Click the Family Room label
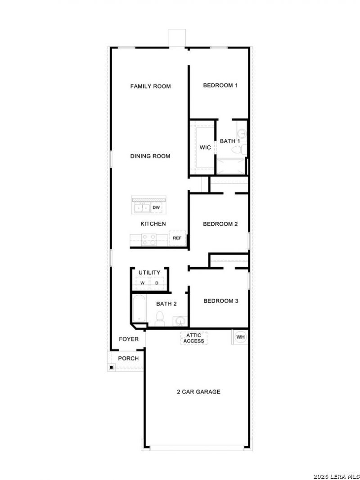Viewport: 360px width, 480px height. coord(150,86)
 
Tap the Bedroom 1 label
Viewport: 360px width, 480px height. coord(220,85)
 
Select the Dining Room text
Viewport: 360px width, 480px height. coord(150,156)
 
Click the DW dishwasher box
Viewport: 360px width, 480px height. coord(157,207)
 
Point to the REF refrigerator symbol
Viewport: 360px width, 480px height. coord(177,238)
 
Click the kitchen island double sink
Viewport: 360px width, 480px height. coord(142,208)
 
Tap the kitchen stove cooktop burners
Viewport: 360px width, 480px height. coord(149,239)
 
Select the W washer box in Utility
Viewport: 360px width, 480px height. coord(142,283)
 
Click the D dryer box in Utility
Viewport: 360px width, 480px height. coord(157,283)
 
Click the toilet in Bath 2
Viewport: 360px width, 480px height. coord(160,319)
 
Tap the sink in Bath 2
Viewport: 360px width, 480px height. coord(180,321)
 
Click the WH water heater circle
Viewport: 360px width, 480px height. coord(241,337)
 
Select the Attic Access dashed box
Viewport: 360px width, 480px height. coord(194,338)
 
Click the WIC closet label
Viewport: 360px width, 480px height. coord(205,148)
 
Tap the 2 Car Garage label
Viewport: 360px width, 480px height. coord(198,392)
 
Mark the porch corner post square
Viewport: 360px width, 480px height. coord(112,367)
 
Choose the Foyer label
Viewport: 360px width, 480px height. coord(129,339)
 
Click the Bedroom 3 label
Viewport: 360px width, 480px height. coord(220,301)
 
